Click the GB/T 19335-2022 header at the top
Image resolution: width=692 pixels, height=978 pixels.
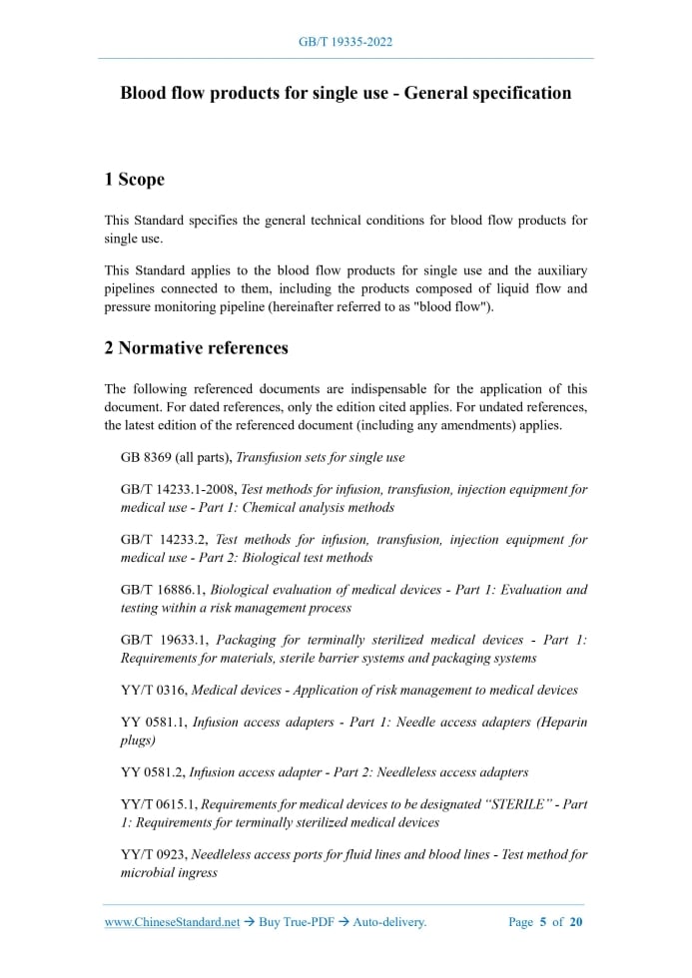[346, 42]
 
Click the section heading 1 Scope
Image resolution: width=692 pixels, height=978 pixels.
[134, 180]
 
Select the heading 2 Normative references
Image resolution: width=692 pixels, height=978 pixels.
[196, 348]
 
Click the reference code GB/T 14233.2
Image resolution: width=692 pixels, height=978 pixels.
[165, 540]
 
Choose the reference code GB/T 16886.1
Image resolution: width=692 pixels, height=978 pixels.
[164, 590]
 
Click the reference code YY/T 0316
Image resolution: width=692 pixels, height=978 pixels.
[153, 690]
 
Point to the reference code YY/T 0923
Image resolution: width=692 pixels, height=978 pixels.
[153, 854]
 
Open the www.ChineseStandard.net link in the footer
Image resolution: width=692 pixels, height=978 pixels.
[172, 922]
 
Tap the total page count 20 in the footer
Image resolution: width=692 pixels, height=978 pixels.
[576, 922]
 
